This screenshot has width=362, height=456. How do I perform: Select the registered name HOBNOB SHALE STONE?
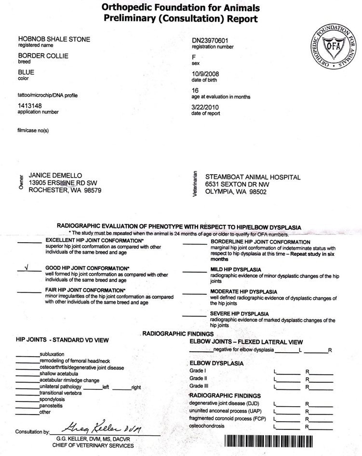coord(54,39)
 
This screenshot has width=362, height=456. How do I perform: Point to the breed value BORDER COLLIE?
coord(43,56)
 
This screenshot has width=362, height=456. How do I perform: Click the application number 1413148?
coord(31,105)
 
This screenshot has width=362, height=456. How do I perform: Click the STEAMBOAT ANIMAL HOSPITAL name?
coord(253,177)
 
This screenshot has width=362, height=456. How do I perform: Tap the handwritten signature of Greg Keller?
coord(104,426)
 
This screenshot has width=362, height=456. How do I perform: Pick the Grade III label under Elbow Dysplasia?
coord(199,386)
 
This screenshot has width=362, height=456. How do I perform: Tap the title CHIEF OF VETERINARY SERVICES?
coord(95,445)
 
